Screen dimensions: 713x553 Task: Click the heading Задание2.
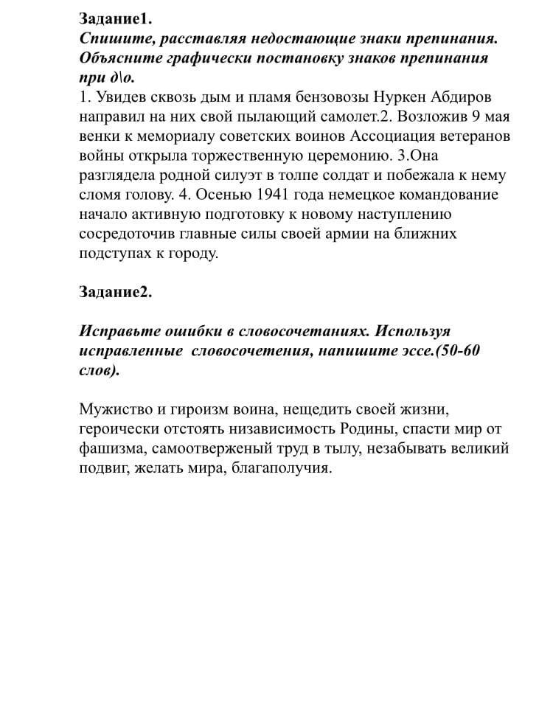tap(115, 291)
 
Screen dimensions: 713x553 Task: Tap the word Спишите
tap(114, 38)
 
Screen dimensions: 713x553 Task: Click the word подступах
tap(118, 254)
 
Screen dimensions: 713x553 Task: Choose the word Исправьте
tap(118, 331)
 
